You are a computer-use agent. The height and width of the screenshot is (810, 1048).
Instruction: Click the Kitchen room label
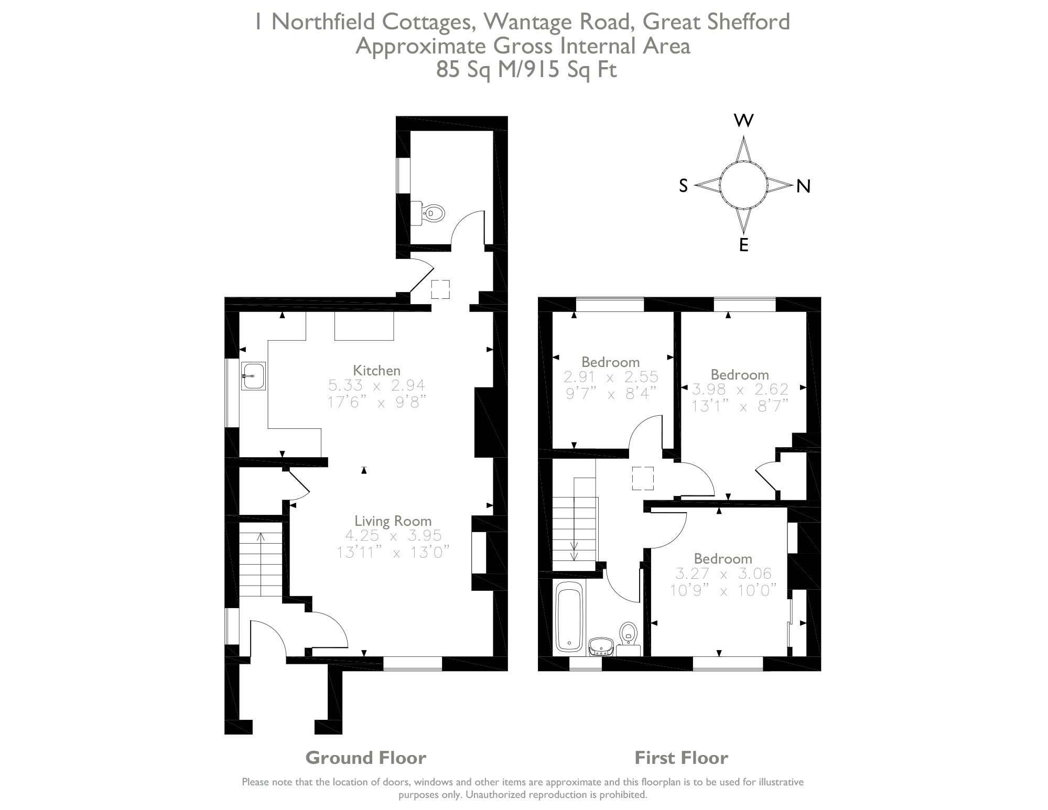coord(376,370)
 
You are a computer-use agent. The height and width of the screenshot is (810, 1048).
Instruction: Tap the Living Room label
coord(393,521)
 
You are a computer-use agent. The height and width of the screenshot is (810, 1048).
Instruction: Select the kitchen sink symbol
coord(253,376)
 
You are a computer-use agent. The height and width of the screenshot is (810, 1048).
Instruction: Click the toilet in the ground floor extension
coord(433,213)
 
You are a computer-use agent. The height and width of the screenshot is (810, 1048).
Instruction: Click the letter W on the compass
coord(743,121)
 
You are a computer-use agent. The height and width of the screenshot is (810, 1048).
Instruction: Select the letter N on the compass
coord(803,186)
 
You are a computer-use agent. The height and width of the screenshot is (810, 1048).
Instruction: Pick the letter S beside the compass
coord(683,186)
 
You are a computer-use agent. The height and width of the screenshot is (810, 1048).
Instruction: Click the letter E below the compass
coord(743,245)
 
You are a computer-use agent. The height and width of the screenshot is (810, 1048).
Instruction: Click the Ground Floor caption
coord(365,758)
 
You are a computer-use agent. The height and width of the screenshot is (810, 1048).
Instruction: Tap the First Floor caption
coord(681,758)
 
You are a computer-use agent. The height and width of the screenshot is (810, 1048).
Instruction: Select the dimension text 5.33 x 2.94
coord(376,386)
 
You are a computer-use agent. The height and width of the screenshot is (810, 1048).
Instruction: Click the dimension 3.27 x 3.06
coord(723,574)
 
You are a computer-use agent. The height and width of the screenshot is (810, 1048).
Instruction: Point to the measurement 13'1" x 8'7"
coord(740,406)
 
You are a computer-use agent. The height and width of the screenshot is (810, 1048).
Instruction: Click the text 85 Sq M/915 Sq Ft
coord(526,70)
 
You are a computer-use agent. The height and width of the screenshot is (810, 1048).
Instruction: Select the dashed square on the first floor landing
coord(643,478)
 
